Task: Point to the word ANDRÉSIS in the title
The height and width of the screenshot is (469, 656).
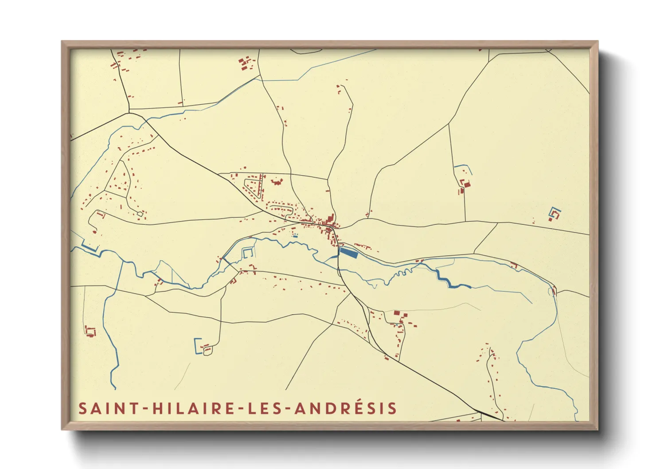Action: pos(345,408)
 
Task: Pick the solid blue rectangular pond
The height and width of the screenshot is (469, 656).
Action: pos(348,253)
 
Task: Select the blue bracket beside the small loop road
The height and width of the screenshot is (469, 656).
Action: pos(196,345)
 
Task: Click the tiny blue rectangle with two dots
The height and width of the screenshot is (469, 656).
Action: pos(295,235)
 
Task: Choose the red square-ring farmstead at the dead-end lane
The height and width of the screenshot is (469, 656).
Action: pos(90,331)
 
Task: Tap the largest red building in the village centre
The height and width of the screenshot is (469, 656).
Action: pos(330,219)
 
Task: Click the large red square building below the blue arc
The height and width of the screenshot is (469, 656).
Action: pos(466,184)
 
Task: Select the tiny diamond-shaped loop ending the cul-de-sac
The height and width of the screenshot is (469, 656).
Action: pos(140,214)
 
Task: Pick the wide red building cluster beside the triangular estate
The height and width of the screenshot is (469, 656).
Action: pos(277,181)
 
